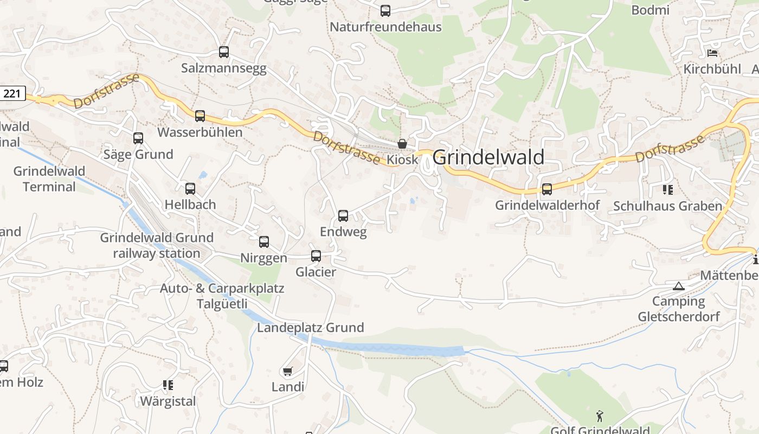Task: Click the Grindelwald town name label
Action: point(488,157)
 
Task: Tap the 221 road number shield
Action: point(12,93)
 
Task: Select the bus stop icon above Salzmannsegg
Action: point(224,52)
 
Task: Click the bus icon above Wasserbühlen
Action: point(200,116)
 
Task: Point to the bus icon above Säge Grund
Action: point(138,138)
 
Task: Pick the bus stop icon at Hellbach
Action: point(190,189)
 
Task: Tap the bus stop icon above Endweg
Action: point(343,215)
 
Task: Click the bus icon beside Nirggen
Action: point(264,242)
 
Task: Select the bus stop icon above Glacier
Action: point(316,256)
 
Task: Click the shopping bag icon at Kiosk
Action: point(402,144)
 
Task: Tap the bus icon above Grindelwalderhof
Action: point(547,189)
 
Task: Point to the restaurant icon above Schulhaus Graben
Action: point(667,190)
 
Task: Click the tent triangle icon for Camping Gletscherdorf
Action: point(678,286)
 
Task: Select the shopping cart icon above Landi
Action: point(287,371)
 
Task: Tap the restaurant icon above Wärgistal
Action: point(168,385)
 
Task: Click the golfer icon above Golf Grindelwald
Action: point(599,416)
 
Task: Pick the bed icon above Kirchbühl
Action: point(712,53)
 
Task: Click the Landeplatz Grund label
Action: point(310,328)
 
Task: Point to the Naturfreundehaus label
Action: point(385,27)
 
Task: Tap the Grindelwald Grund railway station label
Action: point(157,245)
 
